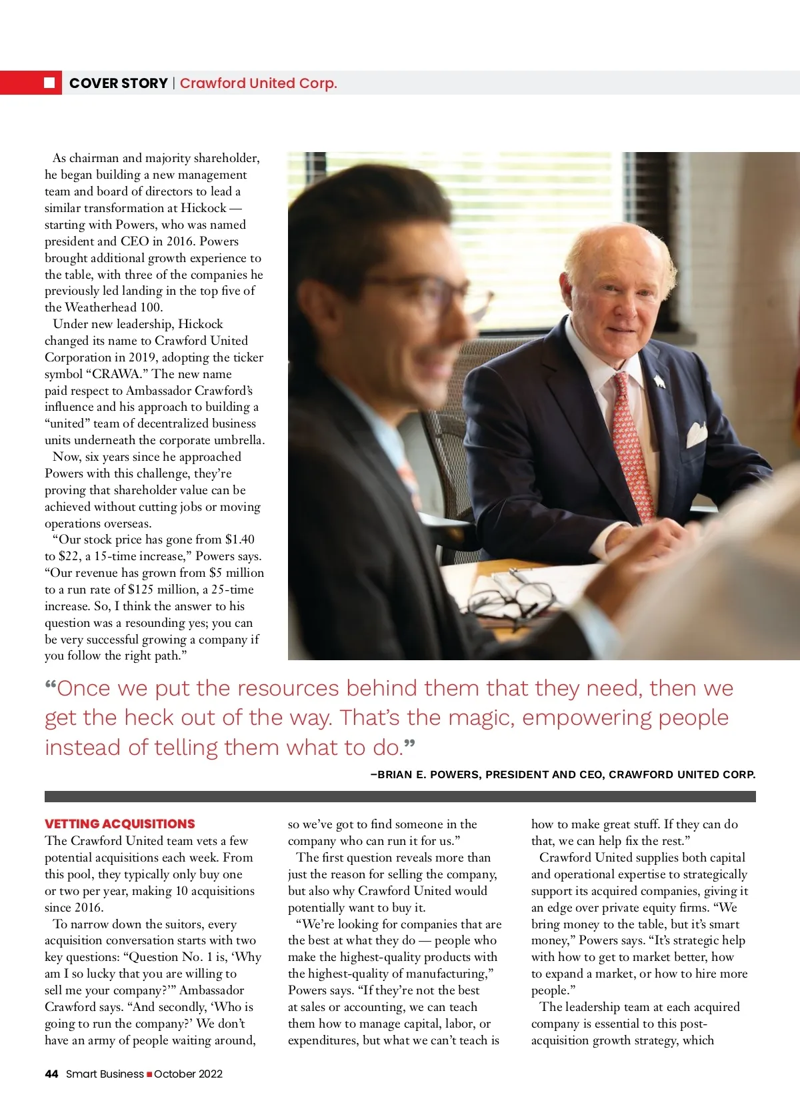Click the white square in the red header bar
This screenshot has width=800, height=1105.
pos(49,83)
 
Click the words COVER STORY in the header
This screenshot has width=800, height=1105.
pos(118,83)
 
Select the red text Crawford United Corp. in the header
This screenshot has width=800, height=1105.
pos(258,83)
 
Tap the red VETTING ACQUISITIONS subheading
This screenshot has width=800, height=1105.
pos(120,824)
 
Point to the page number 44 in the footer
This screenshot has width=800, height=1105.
pos(51,1074)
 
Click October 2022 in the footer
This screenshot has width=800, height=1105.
pos(188,1074)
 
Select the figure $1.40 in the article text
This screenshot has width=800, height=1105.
pos(239,539)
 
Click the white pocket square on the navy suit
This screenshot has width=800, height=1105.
pos(696,434)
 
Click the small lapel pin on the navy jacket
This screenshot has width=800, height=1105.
pos(659,381)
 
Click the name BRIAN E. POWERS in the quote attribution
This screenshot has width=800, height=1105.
pos(428,775)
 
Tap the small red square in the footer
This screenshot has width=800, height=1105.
pos(149,1074)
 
